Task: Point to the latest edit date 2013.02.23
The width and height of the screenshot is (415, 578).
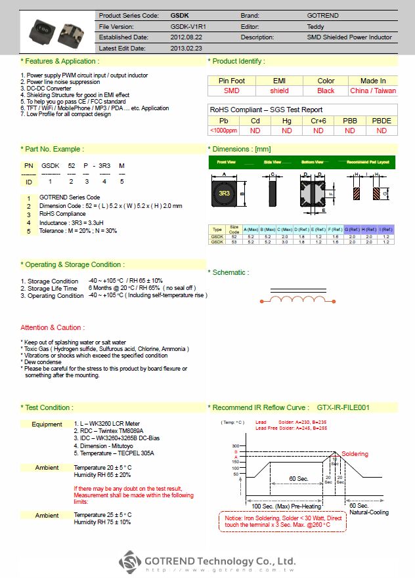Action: (x=186, y=49)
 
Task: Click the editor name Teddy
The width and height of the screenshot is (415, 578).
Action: (x=315, y=26)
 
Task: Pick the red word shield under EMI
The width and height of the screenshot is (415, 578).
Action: (x=279, y=91)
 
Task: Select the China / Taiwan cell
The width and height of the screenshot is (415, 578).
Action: (x=373, y=91)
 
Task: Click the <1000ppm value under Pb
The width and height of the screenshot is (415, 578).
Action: (x=223, y=131)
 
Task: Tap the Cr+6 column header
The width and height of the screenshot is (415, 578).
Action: (x=318, y=121)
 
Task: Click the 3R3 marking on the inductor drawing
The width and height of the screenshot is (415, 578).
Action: (x=224, y=193)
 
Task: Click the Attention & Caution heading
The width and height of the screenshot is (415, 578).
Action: (x=52, y=327)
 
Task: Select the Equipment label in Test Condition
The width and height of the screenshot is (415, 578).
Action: (x=47, y=424)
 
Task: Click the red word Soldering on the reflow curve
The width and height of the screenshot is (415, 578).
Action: (x=355, y=454)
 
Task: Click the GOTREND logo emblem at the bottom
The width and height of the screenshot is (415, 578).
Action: (x=131, y=562)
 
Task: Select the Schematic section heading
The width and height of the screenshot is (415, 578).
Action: (x=228, y=272)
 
